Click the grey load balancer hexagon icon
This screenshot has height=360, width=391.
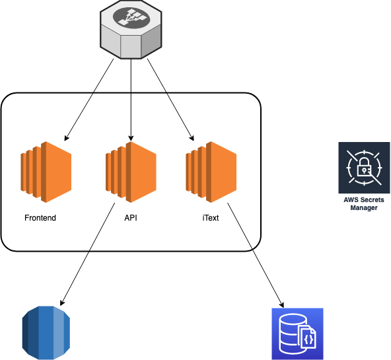pyautogui.click(x=131, y=30)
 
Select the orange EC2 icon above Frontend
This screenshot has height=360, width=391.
pyautogui.click(x=46, y=172)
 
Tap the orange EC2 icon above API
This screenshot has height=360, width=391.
pyautogui.click(x=131, y=172)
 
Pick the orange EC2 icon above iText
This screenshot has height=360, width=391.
pyautogui.click(x=211, y=172)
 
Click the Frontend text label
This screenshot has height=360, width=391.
pyautogui.click(x=40, y=218)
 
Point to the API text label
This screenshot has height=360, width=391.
pyautogui.click(x=131, y=218)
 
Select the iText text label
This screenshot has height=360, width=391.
pyautogui.click(x=211, y=218)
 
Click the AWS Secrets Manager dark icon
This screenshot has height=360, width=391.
pyautogui.click(x=364, y=168)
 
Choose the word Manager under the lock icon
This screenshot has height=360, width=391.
pyautogui.click(x=364, y=207)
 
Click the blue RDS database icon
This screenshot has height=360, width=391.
pyautogui.click(x=46, y=333)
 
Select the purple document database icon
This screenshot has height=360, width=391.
pyautogui.click(x=297, y=334)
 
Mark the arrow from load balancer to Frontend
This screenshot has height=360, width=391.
pyautogui.click(x=89, y=100)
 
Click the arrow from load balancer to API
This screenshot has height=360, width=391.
pyautogui.click(x=131, y=100)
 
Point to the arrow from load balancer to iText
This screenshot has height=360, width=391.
pyautogui.click(x=170, y=100)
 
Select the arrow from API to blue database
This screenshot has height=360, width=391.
pyautogui.click(x=88, y=254)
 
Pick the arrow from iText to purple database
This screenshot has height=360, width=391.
pyautogui.click(x=256, y=255)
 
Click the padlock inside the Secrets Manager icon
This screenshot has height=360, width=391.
pyautogui.click(x=364, y=167)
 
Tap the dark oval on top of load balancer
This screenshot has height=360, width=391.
pyautogui.click(x=131, y=17)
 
